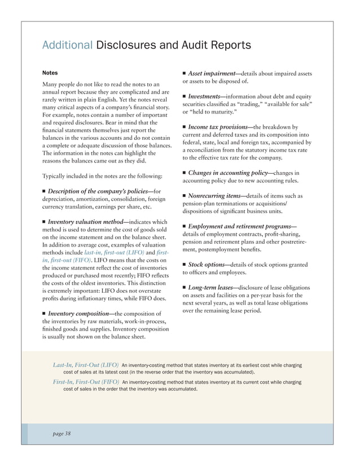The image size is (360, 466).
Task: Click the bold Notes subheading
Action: coord(50,73)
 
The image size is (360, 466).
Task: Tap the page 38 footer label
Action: coord(59,433)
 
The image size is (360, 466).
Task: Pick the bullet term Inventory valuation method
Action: coord(87,222)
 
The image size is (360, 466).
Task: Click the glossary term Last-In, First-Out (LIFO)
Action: coord(86,364)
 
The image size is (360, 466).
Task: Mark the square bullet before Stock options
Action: coord(184,264)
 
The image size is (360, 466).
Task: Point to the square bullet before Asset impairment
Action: coord(184,74)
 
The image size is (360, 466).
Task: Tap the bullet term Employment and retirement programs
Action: coord(242,226)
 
